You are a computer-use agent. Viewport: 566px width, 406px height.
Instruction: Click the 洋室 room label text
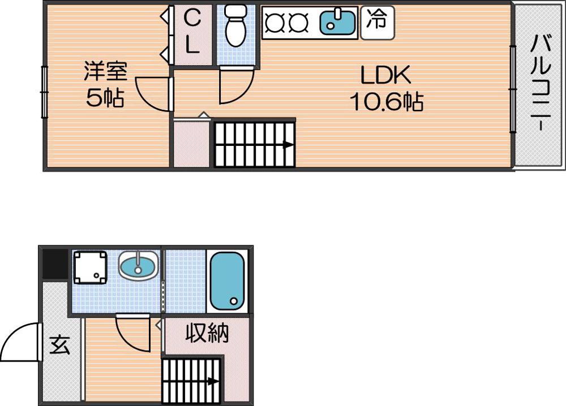point(105,71)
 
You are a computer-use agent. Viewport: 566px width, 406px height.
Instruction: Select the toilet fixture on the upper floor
point(235,27)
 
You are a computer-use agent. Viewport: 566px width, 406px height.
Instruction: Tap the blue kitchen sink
point(338,22)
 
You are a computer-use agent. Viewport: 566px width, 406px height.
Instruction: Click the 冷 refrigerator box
point(377,21)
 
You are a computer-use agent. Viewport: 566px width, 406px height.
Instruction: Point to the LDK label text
point(385,75)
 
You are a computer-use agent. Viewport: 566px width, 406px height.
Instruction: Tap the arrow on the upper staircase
point(288,144)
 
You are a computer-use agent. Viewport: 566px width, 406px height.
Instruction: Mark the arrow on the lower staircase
point(213,381)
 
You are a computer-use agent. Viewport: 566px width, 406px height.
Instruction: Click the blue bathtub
point(227,280)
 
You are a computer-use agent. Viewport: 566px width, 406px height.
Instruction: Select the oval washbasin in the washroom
point(138,266)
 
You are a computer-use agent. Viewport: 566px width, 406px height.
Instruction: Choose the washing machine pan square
point(90,267)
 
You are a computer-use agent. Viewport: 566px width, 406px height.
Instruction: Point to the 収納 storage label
point(207,334)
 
